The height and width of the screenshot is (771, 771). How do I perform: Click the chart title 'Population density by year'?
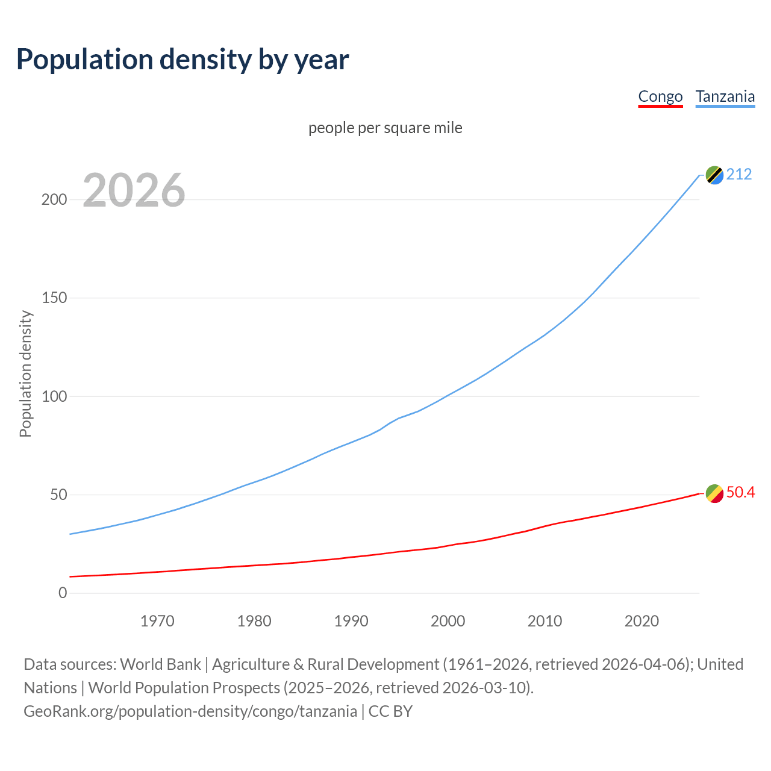click(x=183, y=59)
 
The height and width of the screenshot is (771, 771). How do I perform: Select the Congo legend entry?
click(x=660, y=96)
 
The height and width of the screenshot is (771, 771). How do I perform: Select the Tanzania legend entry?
click(x=725, y=96)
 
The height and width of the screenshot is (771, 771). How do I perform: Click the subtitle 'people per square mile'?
click(x=385, y=128)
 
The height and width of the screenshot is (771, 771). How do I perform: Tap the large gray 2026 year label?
click(x=134, y=190)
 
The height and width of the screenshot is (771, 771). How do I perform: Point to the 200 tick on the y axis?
click(x=54, y=199)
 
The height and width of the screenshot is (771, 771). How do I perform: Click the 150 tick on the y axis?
click(x=54, y=298)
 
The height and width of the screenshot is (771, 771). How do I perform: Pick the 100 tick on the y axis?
click(x=54, y=396)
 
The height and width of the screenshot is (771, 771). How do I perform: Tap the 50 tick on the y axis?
click(x=58, y=495)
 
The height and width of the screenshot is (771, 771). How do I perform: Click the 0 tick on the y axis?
click(x=63, y=593)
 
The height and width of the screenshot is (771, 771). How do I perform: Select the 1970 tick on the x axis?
click(x=157, y=621)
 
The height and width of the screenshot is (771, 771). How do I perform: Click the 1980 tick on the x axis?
click(x=254, y=621)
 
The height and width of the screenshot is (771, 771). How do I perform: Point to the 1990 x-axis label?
click(x=351, y=621)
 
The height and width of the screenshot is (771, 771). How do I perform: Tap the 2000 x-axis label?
click(x=448, y=621)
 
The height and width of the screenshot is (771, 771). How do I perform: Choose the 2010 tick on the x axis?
click(x=545, y=621)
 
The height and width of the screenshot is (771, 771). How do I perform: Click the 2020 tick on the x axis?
click(x=641, y=621)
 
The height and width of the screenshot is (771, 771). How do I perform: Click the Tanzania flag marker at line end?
click(x=714, y=175)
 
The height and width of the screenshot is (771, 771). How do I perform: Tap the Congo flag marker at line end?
click(x=714, y=493)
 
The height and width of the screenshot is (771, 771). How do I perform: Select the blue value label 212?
click(x=739, y=175)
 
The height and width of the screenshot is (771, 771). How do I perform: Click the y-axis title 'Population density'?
click(x=25, y=373)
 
